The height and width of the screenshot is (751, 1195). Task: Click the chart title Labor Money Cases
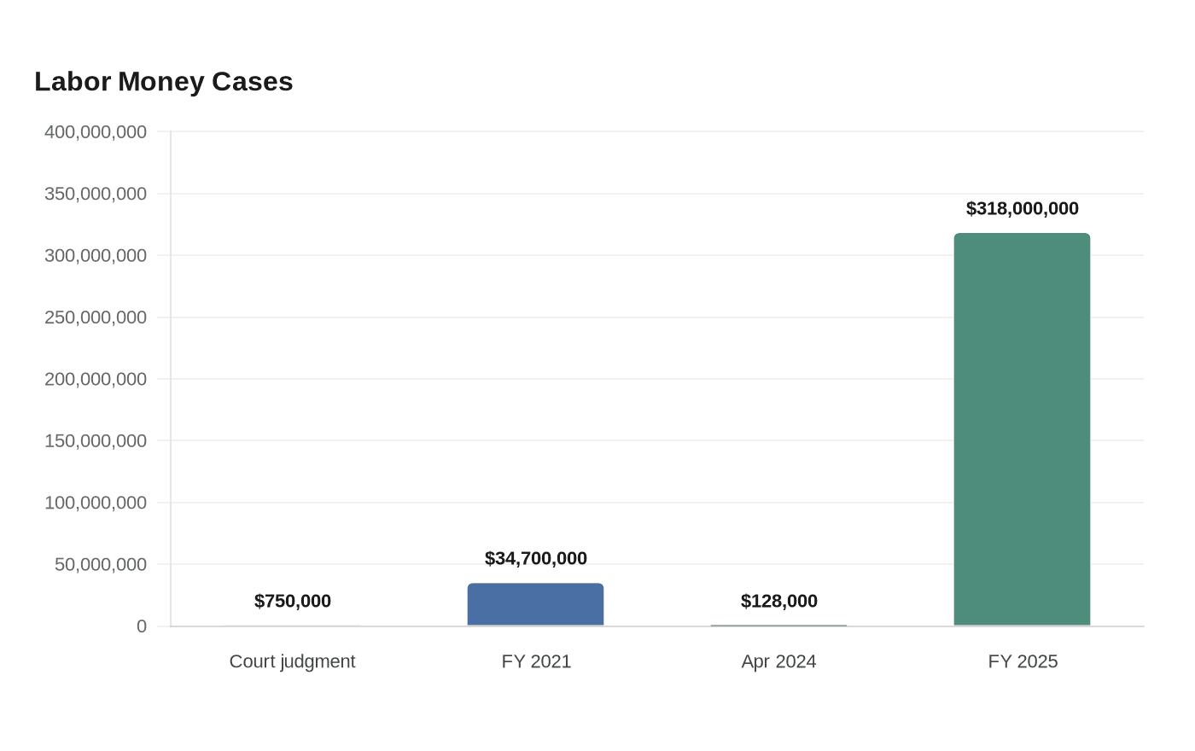coord(164,82)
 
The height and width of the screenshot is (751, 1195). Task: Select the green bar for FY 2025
coord(1023,429)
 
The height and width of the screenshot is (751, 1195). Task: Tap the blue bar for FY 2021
coord(536,604)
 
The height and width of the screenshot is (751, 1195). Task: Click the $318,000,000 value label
coord(1023,208)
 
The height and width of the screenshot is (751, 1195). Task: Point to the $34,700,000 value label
coord(536,558)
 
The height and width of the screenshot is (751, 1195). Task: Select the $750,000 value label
coord(292,601)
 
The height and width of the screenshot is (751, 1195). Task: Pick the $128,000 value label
coord(778,601)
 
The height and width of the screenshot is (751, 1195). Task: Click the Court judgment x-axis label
coord(292,661)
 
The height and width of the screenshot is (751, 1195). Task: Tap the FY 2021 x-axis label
coord(536,661)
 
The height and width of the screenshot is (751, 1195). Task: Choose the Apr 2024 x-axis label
coord(778,661)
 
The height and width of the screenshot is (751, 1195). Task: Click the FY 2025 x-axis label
coord(1023,661)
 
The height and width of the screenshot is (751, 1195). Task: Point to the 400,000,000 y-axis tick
coord(96,131)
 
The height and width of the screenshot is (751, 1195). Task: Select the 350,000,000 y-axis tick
coord(96,194)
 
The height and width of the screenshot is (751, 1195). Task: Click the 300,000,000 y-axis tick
coord(96,255)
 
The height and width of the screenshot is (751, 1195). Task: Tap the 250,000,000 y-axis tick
coord(96,317)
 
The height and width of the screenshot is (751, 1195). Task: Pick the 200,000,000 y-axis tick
coord(96,379)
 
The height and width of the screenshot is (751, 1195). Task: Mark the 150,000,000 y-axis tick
coord(96,440)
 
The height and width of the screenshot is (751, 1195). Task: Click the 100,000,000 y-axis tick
coord(96,503)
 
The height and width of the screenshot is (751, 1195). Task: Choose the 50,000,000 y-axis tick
coord(101,564)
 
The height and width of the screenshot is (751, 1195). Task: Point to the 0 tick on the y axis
coord(142,626)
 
